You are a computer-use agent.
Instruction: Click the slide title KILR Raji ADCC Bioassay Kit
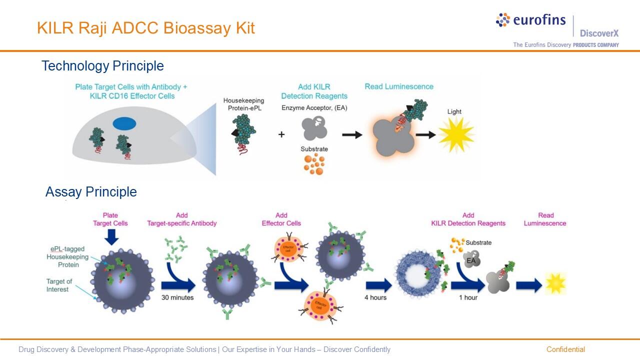tap(146, 28)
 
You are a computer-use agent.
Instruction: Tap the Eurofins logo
tap(530, 20)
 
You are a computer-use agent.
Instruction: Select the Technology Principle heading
tap(102, 66)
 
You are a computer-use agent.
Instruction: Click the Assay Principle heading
tap(91, 192)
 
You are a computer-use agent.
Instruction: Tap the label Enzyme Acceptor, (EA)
tap(314, 108)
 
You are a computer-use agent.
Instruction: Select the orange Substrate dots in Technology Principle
tap(314, 163)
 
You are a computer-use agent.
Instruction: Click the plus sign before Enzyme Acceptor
tap(281, 134)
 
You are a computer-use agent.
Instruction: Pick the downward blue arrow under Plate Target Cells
tap(111, 236)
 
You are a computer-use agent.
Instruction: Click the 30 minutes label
tap(177, 297)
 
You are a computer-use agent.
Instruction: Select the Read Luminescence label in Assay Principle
tap(545, 219)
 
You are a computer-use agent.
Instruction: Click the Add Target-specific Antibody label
tap(182, 219)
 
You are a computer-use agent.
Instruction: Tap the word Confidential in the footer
tap(565, 349)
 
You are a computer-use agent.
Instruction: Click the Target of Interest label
tap(59, 285)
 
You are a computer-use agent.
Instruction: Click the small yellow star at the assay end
tap(555, 283)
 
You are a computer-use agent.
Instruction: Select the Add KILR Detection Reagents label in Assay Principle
tap(468, 219)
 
